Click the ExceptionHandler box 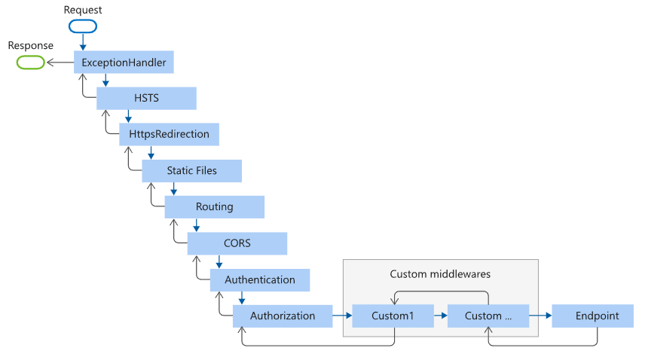pyautogui.click(x=124, y=62)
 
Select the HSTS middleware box pyautogui.click(x=146, y=99)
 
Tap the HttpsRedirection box pyautogui.click(x=169, y=135)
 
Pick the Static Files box pyautogui.click(x=191, y=171)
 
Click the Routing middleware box pyautogui.click(x=214, y=207)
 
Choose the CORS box pyautogui.click(x=237, y=243)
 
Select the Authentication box pyautogui.click(x=259, y=279)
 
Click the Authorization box pyautogui.click(x=282, y=316)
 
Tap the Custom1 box pyautogui.click(x=393, y=316)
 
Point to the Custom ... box pyautogui.click(x=488, y=316)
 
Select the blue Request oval pyautogui.click(x=83, y=26)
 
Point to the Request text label pyautogui.click(x=83, y=10)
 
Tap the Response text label pyautogui.click(x=30, y=46)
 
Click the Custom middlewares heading pyautogui.click(x=440, y=273)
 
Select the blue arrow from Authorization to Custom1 pyautogui.click(x=342, y=316)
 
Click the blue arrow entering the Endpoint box pyautogui.click(x=540, y=316)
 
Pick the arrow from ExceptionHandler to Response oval pyautogui.click(x=60, y=63)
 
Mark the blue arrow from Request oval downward pyautogui.click(x=83, y=42)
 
